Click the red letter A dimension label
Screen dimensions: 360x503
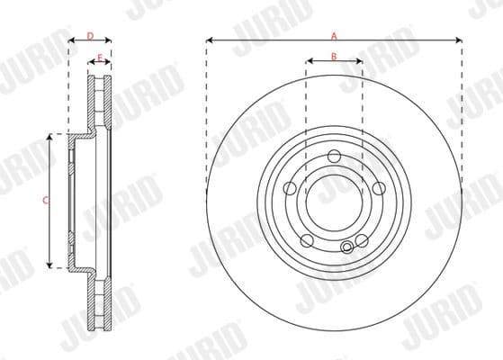[334, 35]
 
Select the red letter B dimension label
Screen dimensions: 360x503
[334, 57]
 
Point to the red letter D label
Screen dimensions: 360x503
[89, 35]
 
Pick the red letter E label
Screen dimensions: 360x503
[99, 58]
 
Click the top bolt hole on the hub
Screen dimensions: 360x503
[334, 157]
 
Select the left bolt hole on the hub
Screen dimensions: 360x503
[290, 188]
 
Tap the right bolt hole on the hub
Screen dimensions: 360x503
[379, 188]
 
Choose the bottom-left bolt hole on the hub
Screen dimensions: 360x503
[306, 240]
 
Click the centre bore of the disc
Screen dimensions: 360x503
[334, 203]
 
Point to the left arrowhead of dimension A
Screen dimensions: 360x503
[209, 40]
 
